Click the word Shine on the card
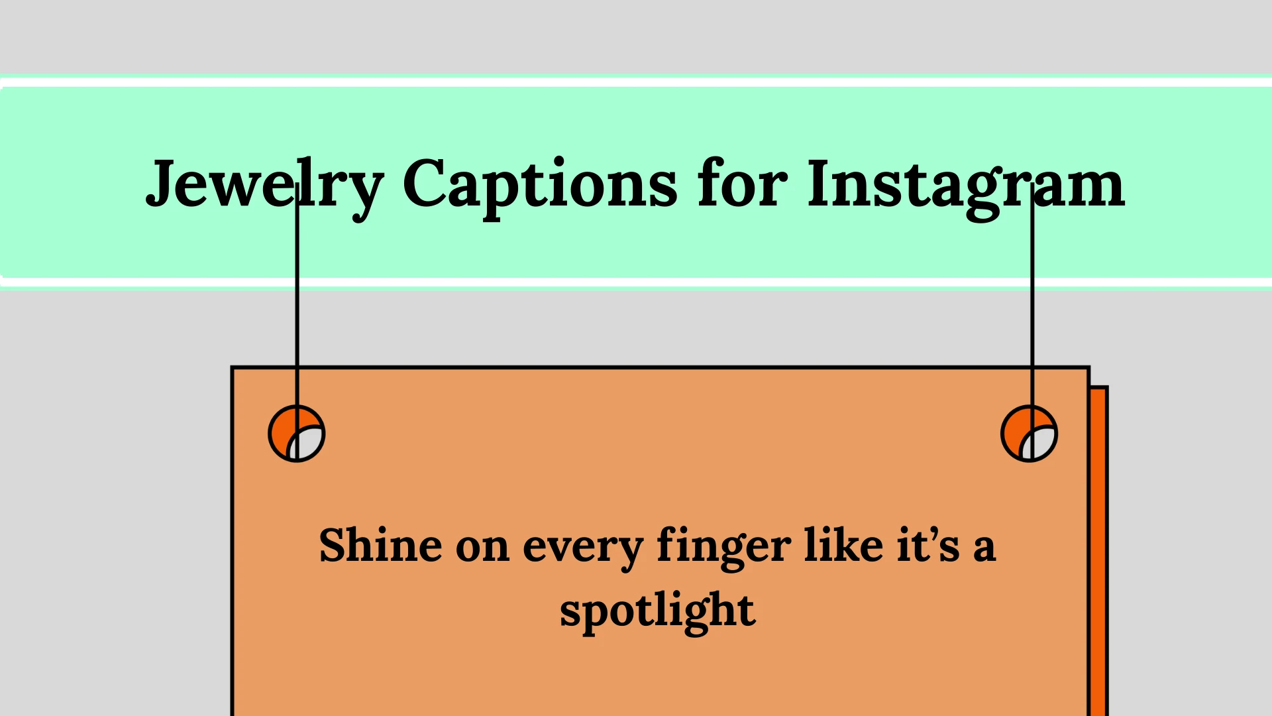click(x=380, y=546)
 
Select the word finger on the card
click(x=723, y=548)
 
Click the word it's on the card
click(x=928, y=546)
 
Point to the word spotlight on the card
click(x=657, y=611)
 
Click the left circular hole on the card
click(x=297, y=434)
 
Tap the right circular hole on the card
click(x=1029, y=434)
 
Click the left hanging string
click(x=297, y=318)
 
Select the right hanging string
click(x=1032, y=318)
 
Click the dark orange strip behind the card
click(x=1098, y=550)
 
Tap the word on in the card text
click(x=482, y=548)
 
